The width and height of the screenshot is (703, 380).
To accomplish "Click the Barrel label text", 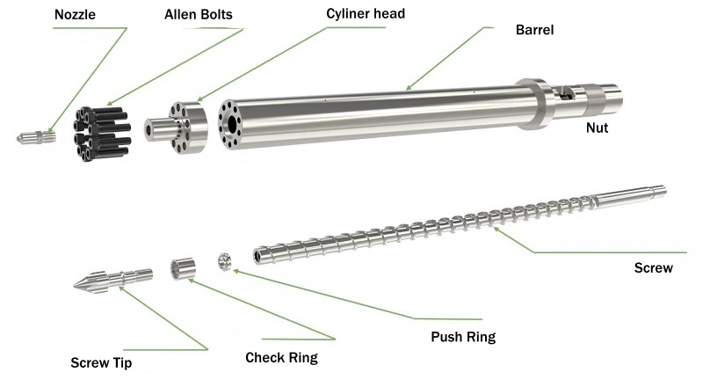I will coord(534,29).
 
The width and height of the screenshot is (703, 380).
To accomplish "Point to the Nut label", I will coord(598,128).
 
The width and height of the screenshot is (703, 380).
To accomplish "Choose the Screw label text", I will coord(653,267).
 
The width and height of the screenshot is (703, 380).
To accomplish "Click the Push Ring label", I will coord(462,336).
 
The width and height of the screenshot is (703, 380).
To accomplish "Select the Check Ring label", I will coord(281,357).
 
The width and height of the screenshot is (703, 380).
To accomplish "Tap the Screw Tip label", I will coord(101,362).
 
